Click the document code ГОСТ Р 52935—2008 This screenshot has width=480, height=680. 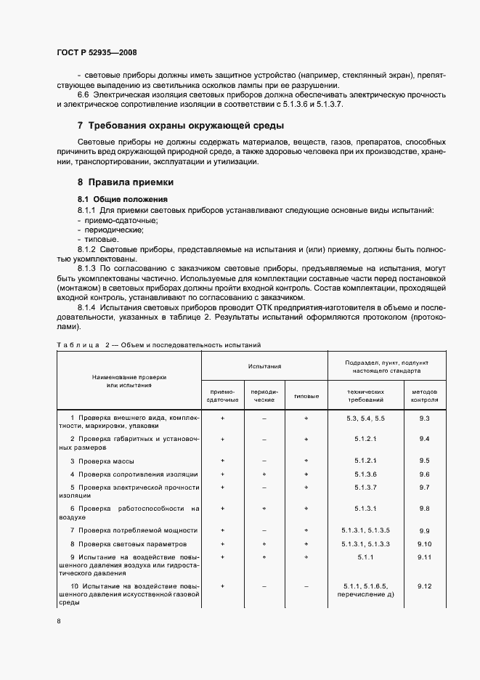pos(96,53)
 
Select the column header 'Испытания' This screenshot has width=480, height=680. pos(264,368)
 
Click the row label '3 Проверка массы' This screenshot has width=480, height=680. pos(102,461)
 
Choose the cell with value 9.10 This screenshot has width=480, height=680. pos(425,543)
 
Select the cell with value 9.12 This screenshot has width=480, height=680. pos(425,586)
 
